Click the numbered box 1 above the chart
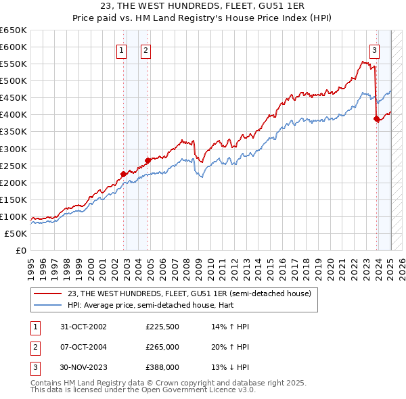(x=121, y=49)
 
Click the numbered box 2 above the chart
(x=145, y=49)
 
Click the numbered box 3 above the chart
(x=374, y=49)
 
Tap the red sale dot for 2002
(x=124, y=174)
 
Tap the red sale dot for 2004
(x=148, y=160)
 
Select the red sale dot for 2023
(x=377, y=118)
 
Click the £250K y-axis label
(x=14, y=166)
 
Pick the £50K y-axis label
(x=16, y=233)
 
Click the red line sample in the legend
(x=48, y=294)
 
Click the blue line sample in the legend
(x=48, y=305)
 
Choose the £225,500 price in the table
(x=162, y=327)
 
